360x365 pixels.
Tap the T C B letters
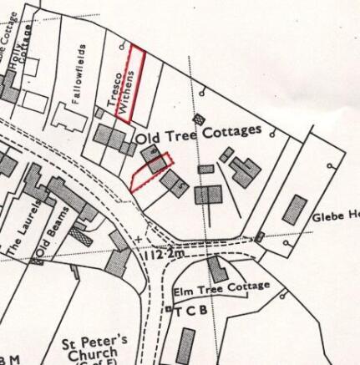point(189,311)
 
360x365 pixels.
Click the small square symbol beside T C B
point(169,311)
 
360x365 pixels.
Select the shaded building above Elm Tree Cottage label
point(217,268)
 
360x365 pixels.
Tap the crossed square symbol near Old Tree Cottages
point(198,120)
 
